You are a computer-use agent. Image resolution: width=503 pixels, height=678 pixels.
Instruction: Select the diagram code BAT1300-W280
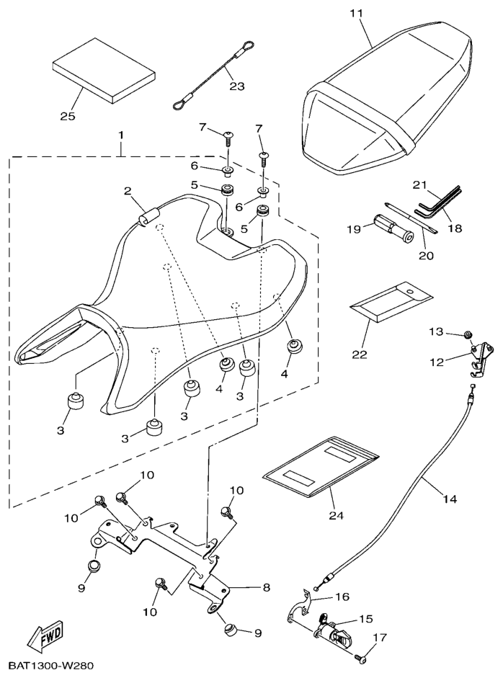(x=50, y=666)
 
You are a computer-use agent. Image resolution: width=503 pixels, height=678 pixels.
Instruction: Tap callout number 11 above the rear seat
(x=357, y=14)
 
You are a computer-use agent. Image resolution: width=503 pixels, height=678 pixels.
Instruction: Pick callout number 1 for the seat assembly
(x=121, y=135)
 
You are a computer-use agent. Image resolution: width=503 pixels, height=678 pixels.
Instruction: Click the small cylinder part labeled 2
(x=149, y=217)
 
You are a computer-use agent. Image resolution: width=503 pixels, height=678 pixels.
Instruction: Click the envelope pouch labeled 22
(x=391, y=299)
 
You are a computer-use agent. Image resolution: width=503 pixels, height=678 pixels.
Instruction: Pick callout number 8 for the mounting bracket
(x=266, y=587)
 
